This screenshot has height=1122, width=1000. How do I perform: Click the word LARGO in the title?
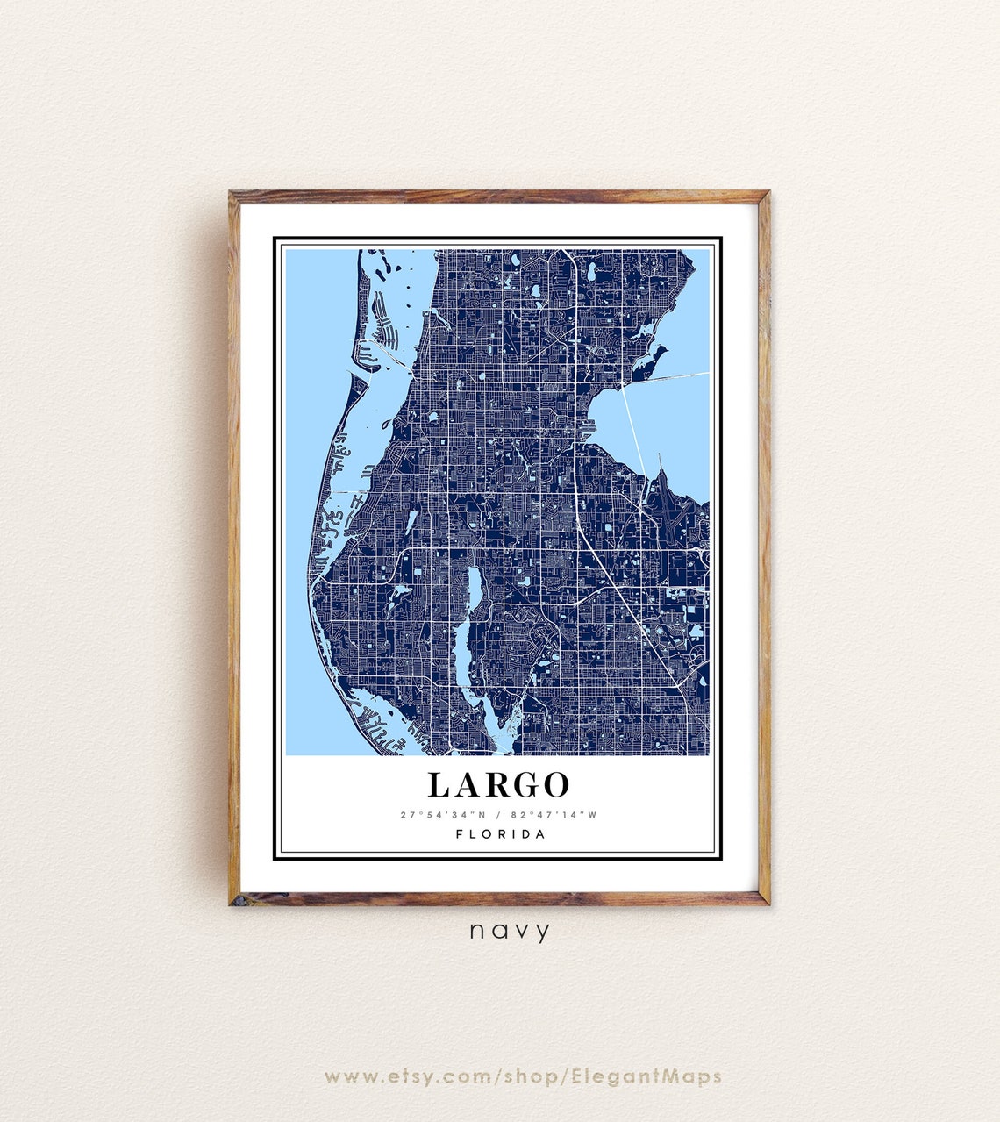tap(498, 784)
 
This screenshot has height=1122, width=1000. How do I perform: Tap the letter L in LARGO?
tap(439, 784)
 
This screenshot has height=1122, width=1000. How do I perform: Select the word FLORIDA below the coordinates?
tap(500, 834)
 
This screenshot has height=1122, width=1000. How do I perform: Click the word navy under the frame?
tap(510, 931)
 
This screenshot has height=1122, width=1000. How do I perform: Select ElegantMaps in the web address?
tap(646, 1076)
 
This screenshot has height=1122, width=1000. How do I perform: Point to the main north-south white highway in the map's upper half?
tap(575, 351)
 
